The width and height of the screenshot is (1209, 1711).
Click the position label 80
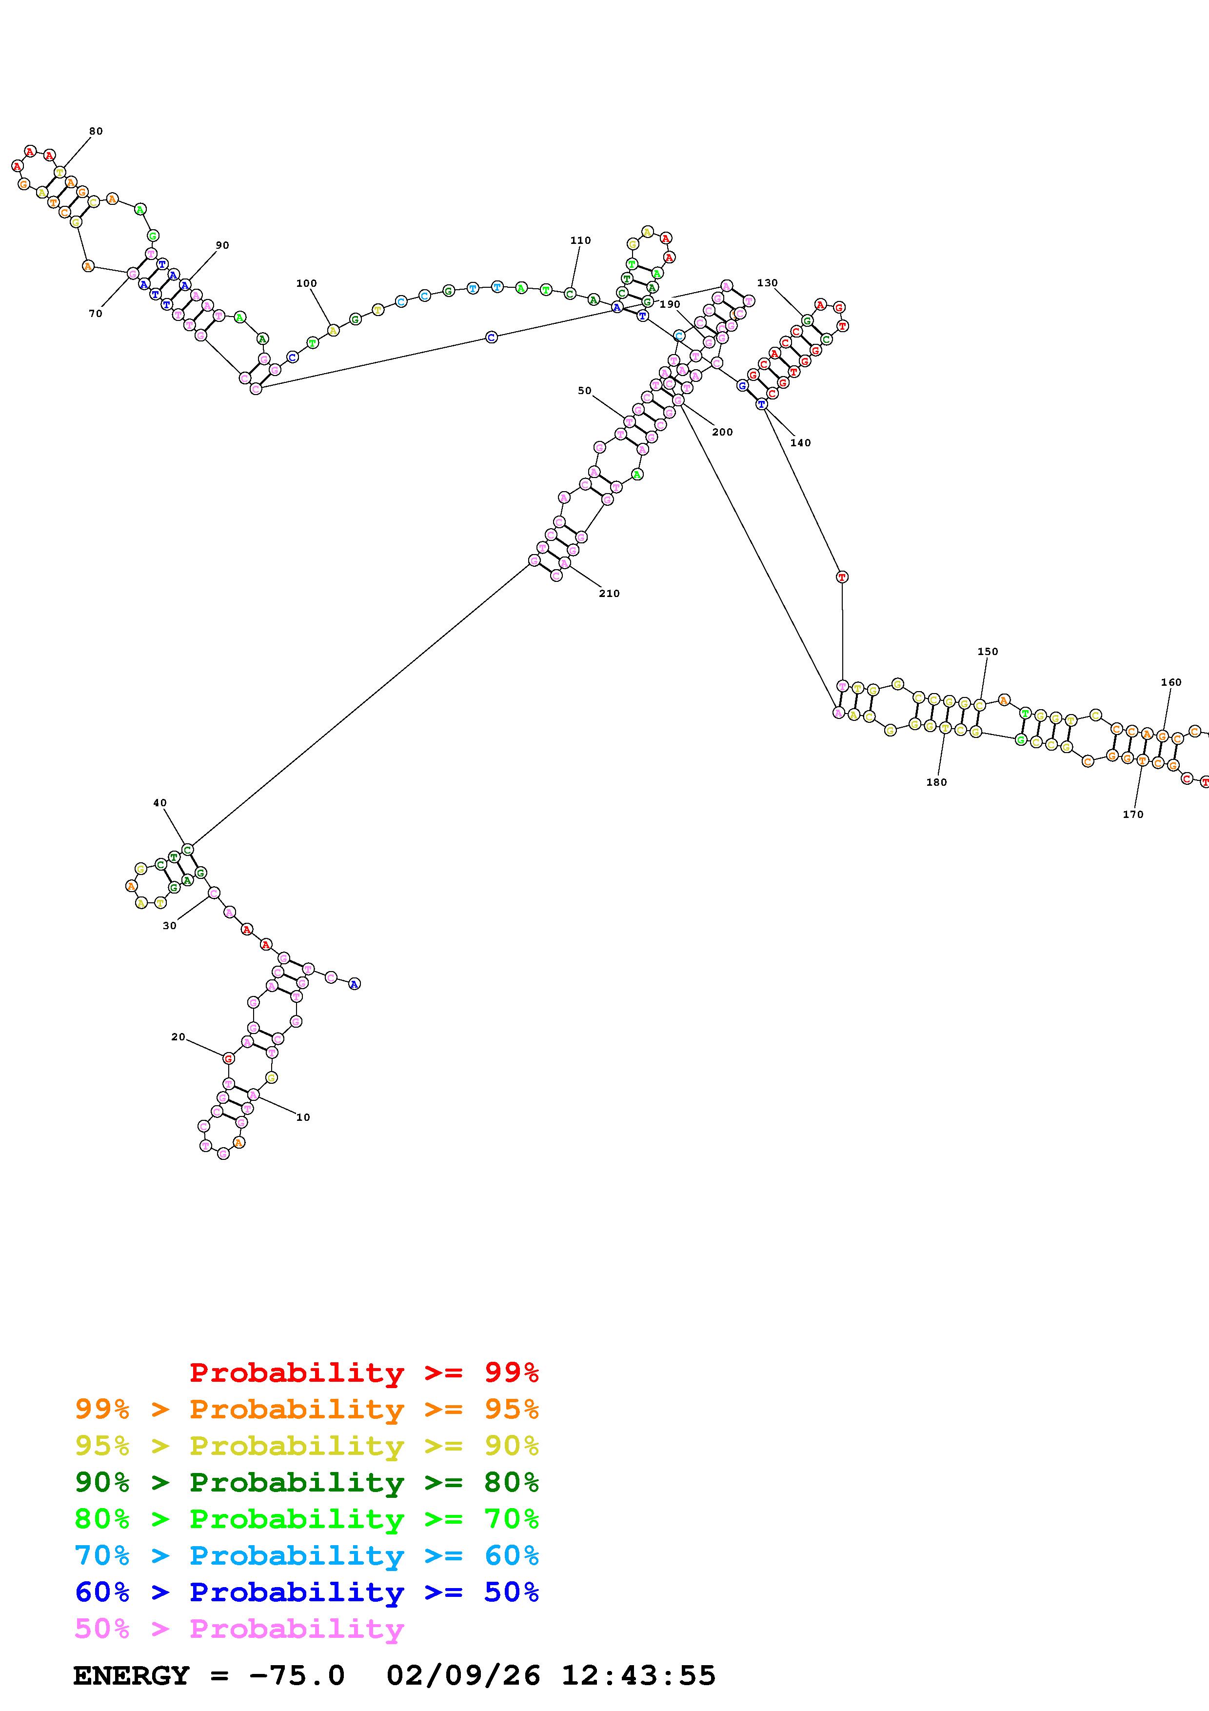click(96, 132)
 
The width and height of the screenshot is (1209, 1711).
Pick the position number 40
click(159, 803)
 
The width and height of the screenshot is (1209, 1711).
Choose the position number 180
click(936, 782)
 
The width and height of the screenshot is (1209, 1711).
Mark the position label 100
click(306, 284)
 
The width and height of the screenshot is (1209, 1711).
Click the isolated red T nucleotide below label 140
click(842, 577)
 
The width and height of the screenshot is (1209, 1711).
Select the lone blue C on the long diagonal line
click(491, 338)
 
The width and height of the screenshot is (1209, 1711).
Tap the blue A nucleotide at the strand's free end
click(355, 984)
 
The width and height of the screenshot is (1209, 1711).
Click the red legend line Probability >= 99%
click(364, 1373)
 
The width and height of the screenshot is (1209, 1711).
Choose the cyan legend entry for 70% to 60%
click(307, 1556)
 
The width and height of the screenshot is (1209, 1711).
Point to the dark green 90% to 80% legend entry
click(307, 1483)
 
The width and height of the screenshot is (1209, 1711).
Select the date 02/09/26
click(463, 1676)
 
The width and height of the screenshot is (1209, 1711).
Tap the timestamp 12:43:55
click(638, 1676)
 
